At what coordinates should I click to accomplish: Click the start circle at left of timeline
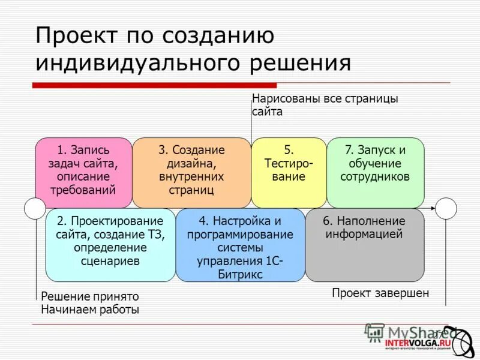click(35, 208)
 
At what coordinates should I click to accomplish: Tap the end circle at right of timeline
click(446, 208)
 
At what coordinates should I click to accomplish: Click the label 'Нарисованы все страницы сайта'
click(324, 104)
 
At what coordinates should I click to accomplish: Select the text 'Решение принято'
click(89, 296)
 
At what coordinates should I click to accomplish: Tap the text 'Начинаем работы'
click(89, 310)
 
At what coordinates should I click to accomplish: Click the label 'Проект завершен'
click(380, 293)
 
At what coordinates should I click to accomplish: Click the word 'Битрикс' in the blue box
click(240, 274)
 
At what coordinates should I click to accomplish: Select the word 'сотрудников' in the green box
click(375, 177)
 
